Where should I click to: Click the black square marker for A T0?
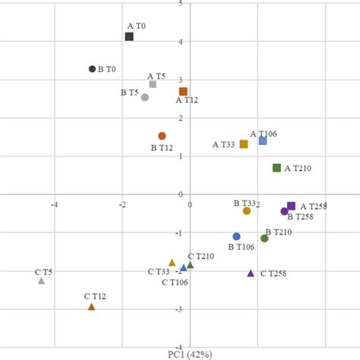(x=129, y=36)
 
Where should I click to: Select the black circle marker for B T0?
(x=93, y=69)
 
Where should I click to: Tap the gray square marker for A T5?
(x=153, y=84)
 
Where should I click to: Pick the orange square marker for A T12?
(x=183, y=92)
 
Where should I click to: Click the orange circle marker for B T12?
(x=162, y=136)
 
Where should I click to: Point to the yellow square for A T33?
(x=244, y=144)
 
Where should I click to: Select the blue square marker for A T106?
(x=263, y=141)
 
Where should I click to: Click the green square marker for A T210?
(x=277, y=168)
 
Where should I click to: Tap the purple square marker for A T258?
(x=291, y=206)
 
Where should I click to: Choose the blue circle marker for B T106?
(x=236, y=237)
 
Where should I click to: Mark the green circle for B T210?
(x=264, y=238)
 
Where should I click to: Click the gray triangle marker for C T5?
(x=42, y=281)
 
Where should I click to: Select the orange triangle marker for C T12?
(x=92, y=307)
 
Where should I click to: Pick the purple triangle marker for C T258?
(x=251, y=273)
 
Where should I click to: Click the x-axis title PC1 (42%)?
(x=190, y=354)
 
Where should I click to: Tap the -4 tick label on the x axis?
(x=54, y=204)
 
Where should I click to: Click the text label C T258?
(x=273, y=273)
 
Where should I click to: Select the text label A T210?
(x=298, y=169)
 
